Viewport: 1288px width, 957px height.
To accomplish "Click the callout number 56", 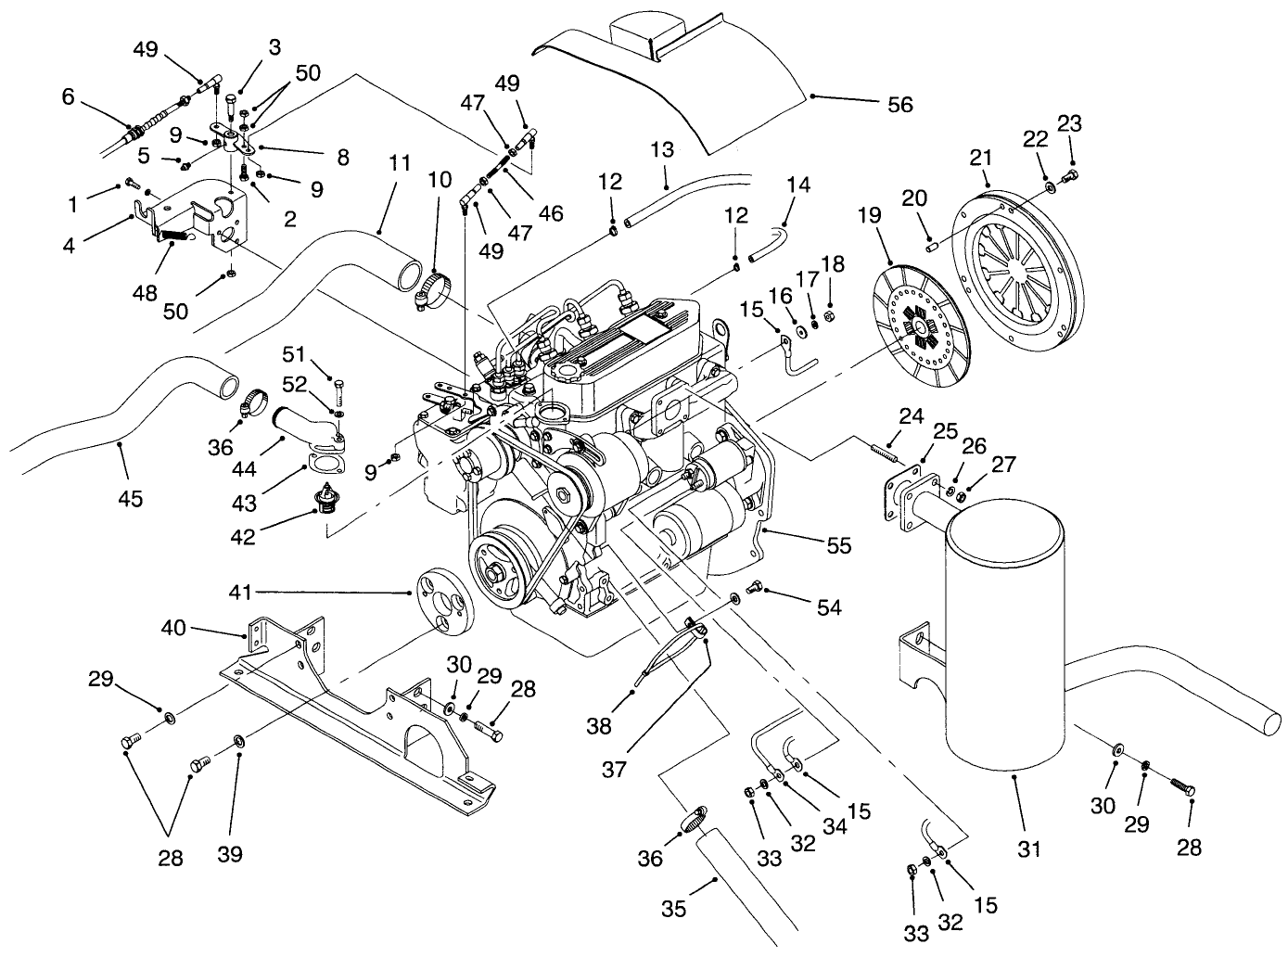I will [x=899, y=105].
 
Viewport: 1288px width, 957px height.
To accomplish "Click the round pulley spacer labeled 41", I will [x=444, y=604].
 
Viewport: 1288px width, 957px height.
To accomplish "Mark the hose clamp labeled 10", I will [x=433, y=287].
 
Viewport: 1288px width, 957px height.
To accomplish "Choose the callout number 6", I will [x=68, y=96].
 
